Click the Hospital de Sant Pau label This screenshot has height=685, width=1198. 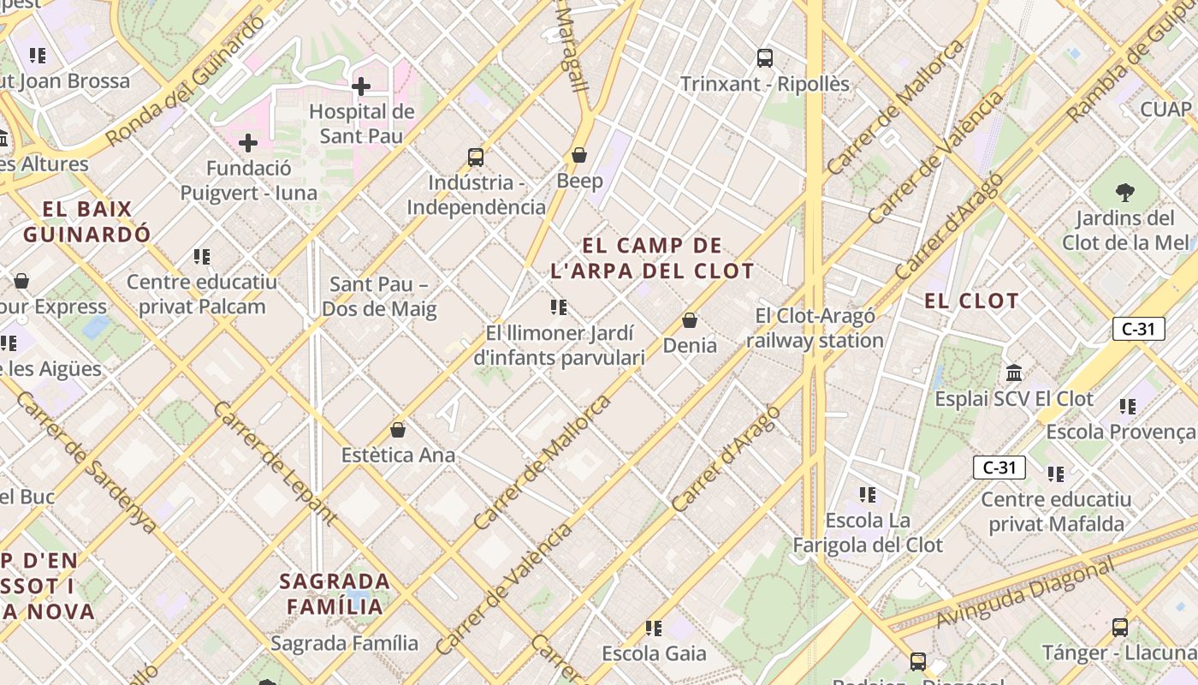point(361,123)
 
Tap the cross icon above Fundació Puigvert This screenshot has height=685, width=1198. point(248,142)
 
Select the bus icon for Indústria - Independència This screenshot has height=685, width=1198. point(476,158)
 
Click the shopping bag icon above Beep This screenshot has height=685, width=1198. point(579,155)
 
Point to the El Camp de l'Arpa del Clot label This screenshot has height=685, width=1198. point(652,259)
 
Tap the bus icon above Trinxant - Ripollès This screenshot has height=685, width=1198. point(765,58)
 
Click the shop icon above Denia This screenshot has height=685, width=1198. point(690,320)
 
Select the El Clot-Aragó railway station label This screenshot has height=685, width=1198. point(815,328)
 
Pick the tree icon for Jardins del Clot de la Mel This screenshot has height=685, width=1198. point(1125,193)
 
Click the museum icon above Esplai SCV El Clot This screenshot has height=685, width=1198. point(1014,373)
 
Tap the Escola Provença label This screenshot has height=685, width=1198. point(1121,432)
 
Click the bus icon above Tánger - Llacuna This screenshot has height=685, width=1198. point(1120,628)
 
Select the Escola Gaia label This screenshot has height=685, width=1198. point(654,653)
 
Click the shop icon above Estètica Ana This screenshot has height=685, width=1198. point(398,430)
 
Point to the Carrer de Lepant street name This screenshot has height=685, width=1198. point(274,462)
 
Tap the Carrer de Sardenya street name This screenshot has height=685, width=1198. point(86,462)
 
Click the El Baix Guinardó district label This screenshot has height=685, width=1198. point(87,221)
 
